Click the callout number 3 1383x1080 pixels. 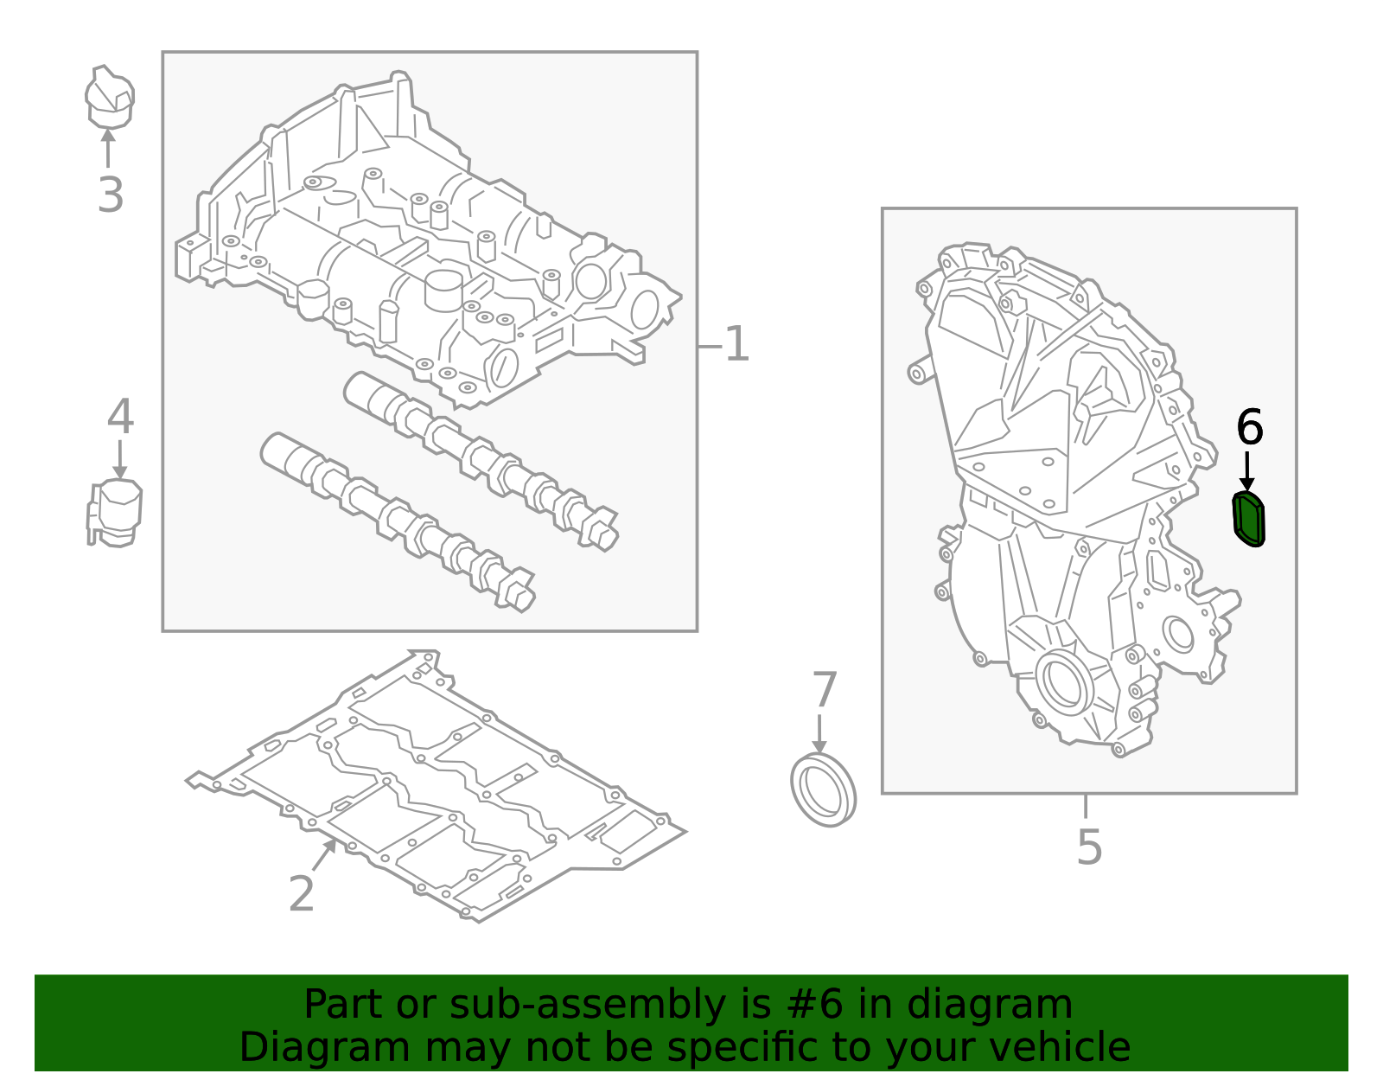tap(111, 195)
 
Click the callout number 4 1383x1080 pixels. tap(120, 418)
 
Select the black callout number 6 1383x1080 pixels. tap(1250, 427)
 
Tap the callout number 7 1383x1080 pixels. tap(825, 690)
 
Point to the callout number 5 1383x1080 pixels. tap(1089, 847)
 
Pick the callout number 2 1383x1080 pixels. tap(301, 894)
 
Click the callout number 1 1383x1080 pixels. tap(736, 345)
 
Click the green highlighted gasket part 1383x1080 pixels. tap(1248, 519)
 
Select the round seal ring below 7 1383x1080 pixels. tap(824, 789)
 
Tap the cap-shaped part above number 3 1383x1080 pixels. tap(109, 98)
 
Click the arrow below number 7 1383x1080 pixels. tap(819, 733)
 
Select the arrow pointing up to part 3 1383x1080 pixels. tap(108, 147)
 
